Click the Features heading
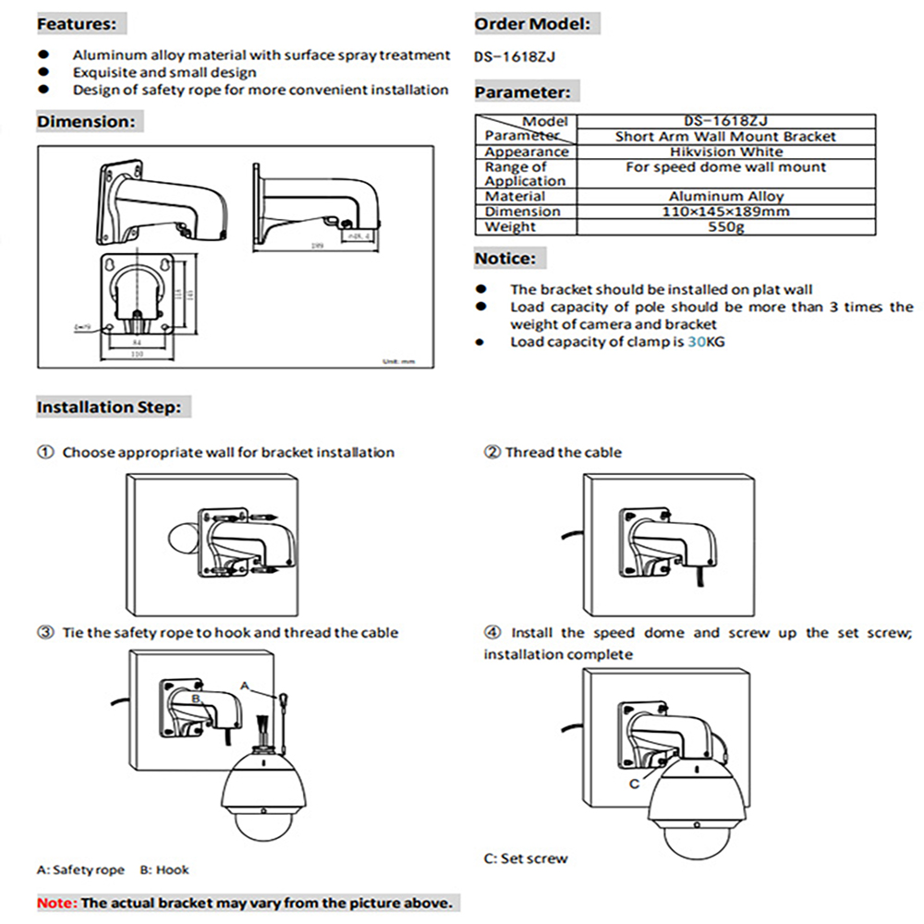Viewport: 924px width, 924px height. (x=77, y=23)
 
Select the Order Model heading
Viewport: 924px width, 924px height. (x=531, y=24)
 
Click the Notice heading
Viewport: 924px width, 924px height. (x=505, y=259)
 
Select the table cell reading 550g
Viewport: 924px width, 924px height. (x=725, y=226)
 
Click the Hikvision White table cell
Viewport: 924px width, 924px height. (x=725, y=152)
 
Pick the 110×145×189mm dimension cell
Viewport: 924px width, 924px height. (x=725, y=212)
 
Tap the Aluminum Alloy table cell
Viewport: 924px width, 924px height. (x=725, y=196)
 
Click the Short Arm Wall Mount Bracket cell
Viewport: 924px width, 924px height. (x=725, y=137)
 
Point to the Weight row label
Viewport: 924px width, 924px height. (x=510, y=226)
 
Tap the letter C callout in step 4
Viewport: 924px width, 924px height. (x=634, y=784)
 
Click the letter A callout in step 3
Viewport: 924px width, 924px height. (x=245, y=686)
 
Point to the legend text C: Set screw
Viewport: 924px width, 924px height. (x=526, y=858)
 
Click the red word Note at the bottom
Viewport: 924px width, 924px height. (x=56, y=902)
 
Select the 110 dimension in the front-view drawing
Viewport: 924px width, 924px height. (x=136, y=354)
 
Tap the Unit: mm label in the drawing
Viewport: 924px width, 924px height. (x=396, y=360)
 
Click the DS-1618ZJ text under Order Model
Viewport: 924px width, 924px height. (x=515, y=56)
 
